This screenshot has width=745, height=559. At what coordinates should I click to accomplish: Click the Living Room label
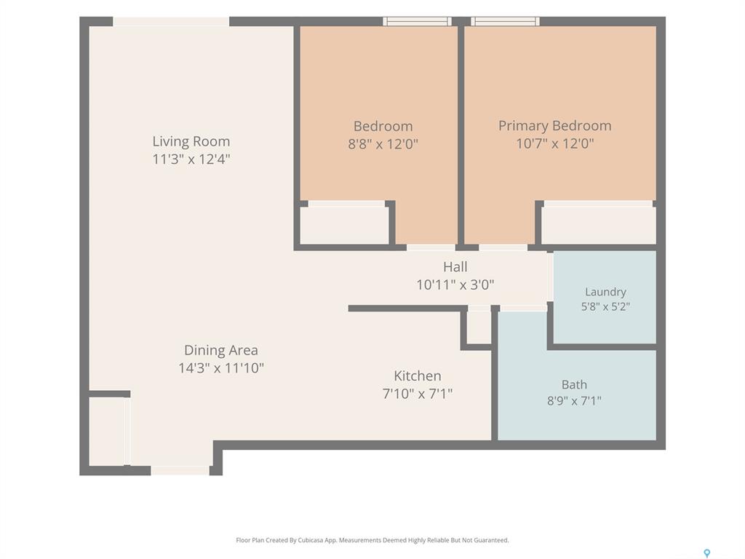point(191,141)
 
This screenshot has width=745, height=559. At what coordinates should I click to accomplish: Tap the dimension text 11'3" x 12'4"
point(191,159)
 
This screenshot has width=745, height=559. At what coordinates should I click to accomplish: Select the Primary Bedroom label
point(554,126)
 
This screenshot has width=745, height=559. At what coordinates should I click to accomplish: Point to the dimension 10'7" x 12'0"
point(555,143)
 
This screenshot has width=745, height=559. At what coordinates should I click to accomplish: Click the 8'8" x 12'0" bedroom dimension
point(383,143)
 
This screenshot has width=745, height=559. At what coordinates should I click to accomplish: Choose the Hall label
point(455,266)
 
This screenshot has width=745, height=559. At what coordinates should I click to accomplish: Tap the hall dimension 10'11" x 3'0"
point(455,285)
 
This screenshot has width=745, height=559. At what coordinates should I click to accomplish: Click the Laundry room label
point(605,292)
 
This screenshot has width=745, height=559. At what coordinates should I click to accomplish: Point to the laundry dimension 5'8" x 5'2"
point(605,306)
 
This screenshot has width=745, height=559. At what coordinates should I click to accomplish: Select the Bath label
point(574,384)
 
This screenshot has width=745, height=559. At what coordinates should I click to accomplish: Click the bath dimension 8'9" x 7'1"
point(574,401)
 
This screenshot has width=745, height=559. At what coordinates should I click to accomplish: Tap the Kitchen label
point(418,376)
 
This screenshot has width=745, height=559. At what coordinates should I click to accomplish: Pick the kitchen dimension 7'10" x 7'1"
point(418,394)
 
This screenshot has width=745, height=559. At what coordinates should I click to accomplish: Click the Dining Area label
point(221,350)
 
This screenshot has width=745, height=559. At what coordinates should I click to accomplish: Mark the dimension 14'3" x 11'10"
point(221,368)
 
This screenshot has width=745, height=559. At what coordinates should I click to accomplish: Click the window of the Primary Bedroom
point(505,21)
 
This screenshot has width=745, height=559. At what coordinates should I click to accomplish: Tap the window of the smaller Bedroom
point(417,21)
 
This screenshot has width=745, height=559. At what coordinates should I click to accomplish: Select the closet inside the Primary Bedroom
point(599,226)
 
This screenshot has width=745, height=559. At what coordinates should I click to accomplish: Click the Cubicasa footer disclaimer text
point(372,540)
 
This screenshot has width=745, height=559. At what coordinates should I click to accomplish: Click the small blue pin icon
point(707,553)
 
